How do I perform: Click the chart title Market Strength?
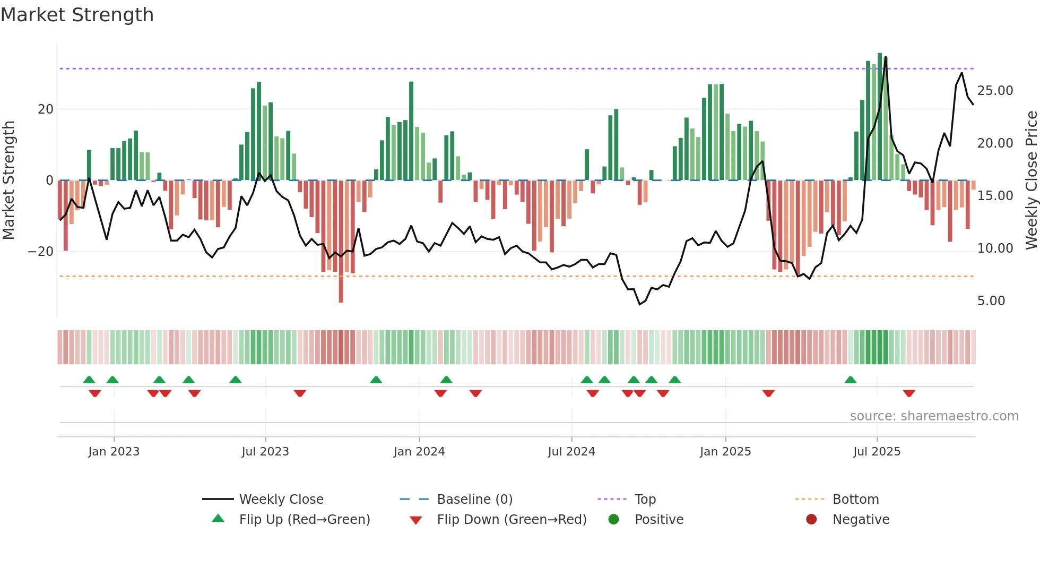tap(77, 15)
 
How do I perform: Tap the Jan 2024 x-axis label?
tap(419, 452)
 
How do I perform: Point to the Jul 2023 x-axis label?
tap(265, 452)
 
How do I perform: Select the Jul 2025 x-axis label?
tap(877, 452)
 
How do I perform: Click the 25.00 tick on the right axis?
tap(995, 91)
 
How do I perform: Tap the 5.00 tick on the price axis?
tap(991, 301)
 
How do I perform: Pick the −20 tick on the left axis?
tap(41, 252)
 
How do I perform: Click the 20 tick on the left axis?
tap(46, 109)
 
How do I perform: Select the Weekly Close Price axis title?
tap(1031, 180)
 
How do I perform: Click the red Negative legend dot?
tap(811, 519)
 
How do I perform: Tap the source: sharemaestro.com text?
tap(934, 416)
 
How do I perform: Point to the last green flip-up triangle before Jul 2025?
tap(850, 380)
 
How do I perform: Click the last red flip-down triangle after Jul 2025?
tap(909, 393)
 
